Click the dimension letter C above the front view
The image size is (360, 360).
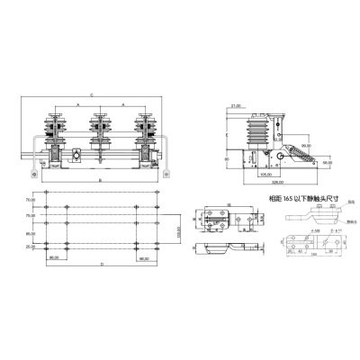(x=93, y=94)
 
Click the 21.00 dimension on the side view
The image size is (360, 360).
(x=236, y=105)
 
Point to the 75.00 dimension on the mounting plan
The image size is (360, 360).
(x=31, y=216)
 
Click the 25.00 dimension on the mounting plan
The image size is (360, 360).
(x=31, y=246)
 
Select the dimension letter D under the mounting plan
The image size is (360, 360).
(x=101, y=265)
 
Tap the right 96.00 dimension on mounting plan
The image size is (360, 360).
(x=145, y=257)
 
